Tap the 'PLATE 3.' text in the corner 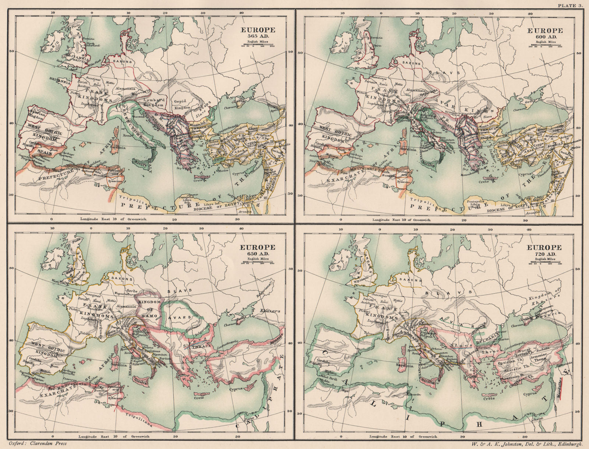[571, 5]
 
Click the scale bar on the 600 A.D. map [546, 45]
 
